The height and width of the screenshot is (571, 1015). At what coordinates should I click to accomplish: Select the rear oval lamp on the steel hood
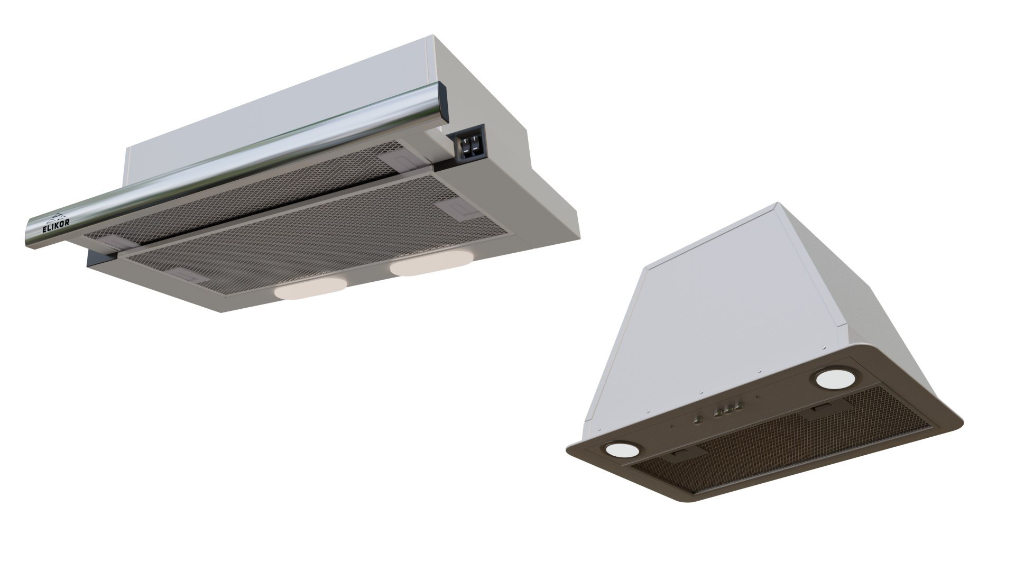[x=429, y=264]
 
